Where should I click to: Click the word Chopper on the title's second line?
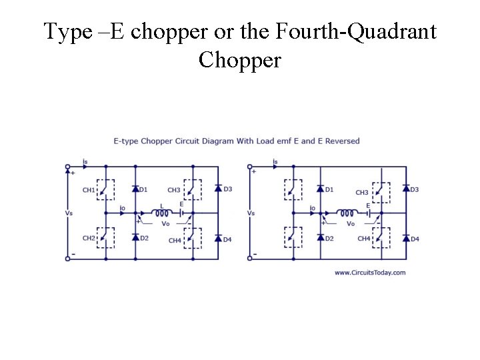tap(240, 61)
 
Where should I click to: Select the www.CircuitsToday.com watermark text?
tap(369, 273)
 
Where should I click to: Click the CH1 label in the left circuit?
tap(88, 191)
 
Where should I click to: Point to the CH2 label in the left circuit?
tap(88, 238)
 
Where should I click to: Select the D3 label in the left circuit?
tap(228, 189)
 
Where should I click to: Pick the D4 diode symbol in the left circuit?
tap(218, 238)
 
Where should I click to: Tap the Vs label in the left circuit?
tap(69, 213)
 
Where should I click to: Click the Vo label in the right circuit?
tap(351, 223)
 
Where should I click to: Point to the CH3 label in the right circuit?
tap(362, 192)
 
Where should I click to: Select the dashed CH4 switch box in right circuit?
tap(381, 236)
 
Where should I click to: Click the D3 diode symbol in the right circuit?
tap(406, 189)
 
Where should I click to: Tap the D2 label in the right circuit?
tap(329, 238)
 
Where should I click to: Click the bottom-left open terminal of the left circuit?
tap(67, 259)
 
